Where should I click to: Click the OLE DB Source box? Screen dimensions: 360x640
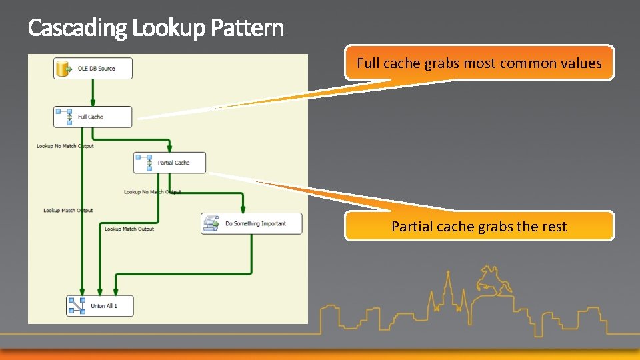(93, 69)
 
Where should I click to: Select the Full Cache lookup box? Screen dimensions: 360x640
(93, 117)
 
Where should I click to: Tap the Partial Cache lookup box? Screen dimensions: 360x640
(169, 163)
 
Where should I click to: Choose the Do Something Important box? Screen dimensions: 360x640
(251, 223)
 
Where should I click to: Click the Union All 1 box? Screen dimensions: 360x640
(100, 306)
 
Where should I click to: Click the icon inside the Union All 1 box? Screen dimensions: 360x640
(76, 305)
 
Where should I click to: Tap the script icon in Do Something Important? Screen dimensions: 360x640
(212, 223)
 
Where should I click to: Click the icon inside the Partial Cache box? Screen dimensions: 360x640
(145, 162)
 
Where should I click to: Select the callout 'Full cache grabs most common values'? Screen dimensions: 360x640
(479, 63)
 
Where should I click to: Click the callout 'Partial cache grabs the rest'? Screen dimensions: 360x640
(479, 226)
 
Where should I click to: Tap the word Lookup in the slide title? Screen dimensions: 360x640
(169, 29)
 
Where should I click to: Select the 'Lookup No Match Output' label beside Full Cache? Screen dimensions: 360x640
(65, 146)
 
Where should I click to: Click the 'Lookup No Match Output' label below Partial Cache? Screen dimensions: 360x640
(152, 192)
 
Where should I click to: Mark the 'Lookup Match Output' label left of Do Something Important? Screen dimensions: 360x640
(129, 229)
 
